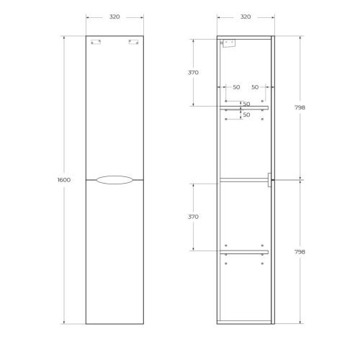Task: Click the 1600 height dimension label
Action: [63, 179]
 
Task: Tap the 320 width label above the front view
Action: [114, 16]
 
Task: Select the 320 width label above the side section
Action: [246, 16]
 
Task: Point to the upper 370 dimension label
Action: [193, 73]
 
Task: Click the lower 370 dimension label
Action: [193, 216]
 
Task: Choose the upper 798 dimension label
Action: [300, 107]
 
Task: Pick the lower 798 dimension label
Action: [300, 252]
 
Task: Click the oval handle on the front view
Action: [114, 180]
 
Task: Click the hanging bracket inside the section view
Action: [230, 43]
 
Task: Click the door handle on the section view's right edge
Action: [268, 180]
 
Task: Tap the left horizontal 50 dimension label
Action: [236, 87]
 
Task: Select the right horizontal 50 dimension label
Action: [256, 87]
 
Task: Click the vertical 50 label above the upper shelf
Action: [246, 104]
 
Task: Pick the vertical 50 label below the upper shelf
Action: [246, 114]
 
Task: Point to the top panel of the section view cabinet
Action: [245, 35]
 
